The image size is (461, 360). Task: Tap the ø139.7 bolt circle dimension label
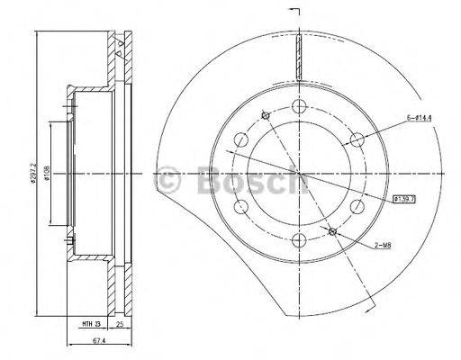[x=402, y=198]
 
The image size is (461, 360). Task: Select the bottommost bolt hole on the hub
[x=298, y=238]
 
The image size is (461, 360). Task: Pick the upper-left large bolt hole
[x=241, y=140]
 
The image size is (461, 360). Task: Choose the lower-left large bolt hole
[x=241, y=206]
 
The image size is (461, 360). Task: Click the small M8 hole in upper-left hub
[x=264, y=115]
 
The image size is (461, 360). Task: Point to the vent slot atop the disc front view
[x=298, y=60]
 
